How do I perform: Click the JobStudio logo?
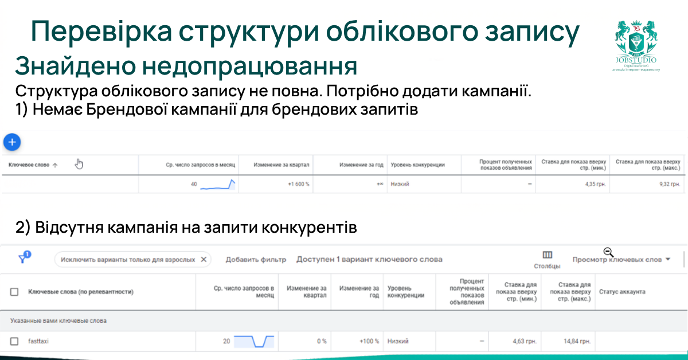(x=636, y=46)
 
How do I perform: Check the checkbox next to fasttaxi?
(x=14, y=341)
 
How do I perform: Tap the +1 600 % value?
(x=298, y=184)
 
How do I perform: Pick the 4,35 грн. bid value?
(x=593, y=184)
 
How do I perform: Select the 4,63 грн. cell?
(x=524, y=341)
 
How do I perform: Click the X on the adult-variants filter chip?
(x=204, y=259)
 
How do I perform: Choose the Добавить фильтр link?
(x=256, y=259)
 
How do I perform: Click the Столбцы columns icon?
(x=547, y=255)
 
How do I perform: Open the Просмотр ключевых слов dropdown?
(x=621, y=260)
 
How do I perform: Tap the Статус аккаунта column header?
(x=622, y=292)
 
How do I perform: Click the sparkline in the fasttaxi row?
(x=254, y=341)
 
